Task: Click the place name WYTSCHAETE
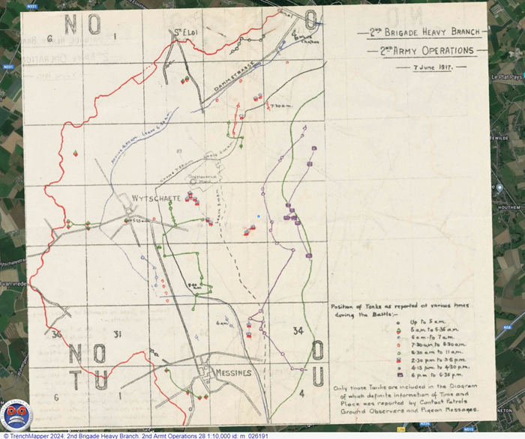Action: click(x=154, y=197)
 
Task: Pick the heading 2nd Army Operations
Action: click(x=425, y=51)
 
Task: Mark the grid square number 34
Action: click(x=299, y=330)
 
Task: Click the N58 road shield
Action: click(x=509, y=327)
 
